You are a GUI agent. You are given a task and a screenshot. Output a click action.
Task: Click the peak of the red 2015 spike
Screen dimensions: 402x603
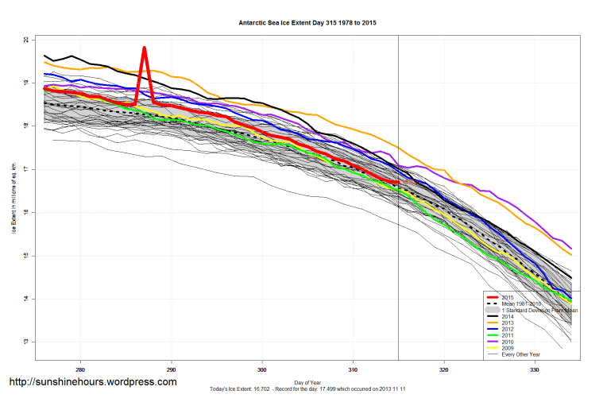coord(145,48)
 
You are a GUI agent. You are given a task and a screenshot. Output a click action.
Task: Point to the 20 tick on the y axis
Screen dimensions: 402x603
coord(26,40)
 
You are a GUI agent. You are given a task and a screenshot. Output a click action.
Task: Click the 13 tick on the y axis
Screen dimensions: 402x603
coord(26,342)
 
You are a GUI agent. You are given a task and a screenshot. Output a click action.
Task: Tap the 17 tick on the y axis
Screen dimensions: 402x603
coord(26,169)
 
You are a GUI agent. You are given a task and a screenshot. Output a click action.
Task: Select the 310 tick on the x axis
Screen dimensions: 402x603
coord(354,369)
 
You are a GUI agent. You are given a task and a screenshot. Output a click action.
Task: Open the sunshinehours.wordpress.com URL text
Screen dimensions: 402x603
coord(92,382)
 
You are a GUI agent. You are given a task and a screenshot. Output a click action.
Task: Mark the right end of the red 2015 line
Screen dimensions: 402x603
coord(398,183)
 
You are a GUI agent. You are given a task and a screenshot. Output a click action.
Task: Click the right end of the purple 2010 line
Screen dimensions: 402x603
coord(571,248)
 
